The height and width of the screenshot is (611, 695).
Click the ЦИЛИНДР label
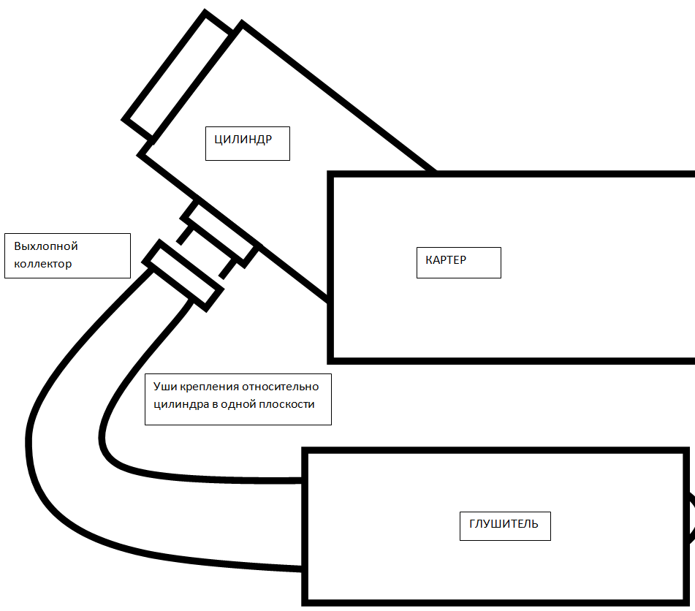pos(243,139)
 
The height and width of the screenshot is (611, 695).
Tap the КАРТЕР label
pos(446,260)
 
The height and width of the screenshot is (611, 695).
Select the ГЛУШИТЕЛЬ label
pos(504,523)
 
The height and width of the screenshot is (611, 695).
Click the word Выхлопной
pos(45,246)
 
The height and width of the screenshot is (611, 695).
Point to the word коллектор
pos(42,264)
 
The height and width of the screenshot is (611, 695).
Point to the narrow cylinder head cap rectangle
pos(178,76)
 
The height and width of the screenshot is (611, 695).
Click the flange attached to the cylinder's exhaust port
pos(220,233)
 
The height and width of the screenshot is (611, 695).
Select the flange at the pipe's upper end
pos(183,276)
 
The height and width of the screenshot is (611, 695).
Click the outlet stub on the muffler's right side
pos(691,518)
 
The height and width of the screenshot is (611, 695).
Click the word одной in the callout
pos(235,404)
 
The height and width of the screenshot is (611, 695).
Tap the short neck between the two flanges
pos(207,253)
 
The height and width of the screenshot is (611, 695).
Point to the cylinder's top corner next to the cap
pos(242,22)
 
